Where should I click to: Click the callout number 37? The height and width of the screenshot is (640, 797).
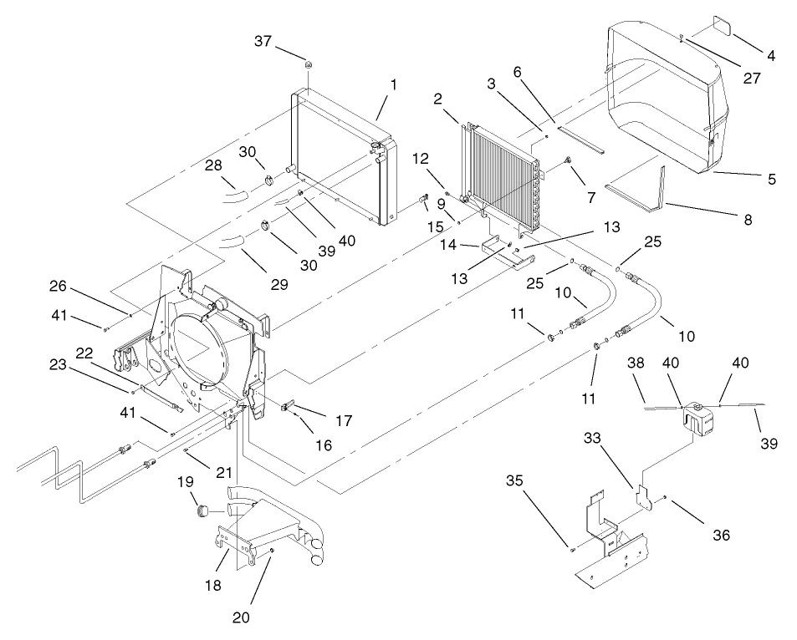[x=263, y=42]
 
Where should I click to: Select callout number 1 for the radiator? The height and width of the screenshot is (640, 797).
[x=393, y=84]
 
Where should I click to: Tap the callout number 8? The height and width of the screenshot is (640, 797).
[x=747, y=220]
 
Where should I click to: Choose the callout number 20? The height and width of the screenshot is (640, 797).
[x=241, y=618]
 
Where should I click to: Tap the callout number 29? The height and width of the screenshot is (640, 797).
[x=279, y=284]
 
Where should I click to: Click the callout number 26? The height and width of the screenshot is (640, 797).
[x=58, y=287]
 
